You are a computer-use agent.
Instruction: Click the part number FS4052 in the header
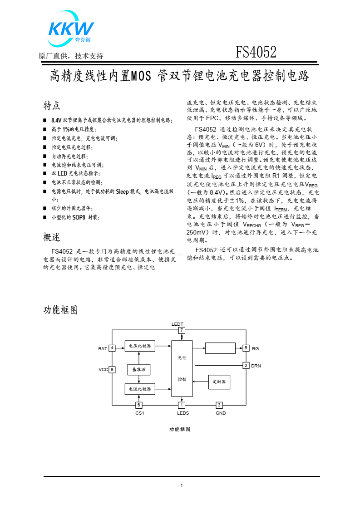[256, 54]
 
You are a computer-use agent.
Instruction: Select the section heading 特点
[52, 106]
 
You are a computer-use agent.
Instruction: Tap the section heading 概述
[52, 237]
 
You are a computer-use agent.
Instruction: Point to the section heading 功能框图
[60, 310]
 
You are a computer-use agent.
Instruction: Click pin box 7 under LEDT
[182, 330]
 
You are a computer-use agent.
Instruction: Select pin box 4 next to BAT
[112, 348]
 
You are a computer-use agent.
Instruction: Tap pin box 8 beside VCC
[112, 369]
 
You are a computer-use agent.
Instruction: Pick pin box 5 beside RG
[246, 348]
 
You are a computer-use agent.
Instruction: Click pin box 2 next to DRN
[246, 365]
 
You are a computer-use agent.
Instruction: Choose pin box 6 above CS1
[139, 405]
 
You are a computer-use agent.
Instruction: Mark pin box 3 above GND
[219, 405]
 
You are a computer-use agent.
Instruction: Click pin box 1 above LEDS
[182, 405]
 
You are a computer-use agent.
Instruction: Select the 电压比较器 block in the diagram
[140, 346]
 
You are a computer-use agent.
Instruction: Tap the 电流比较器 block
[140, 389]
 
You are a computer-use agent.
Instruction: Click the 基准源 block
[139, 369]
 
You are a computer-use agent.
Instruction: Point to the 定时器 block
[219, 382]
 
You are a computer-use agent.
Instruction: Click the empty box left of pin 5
[220, 348]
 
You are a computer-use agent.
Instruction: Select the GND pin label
[220, 413]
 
